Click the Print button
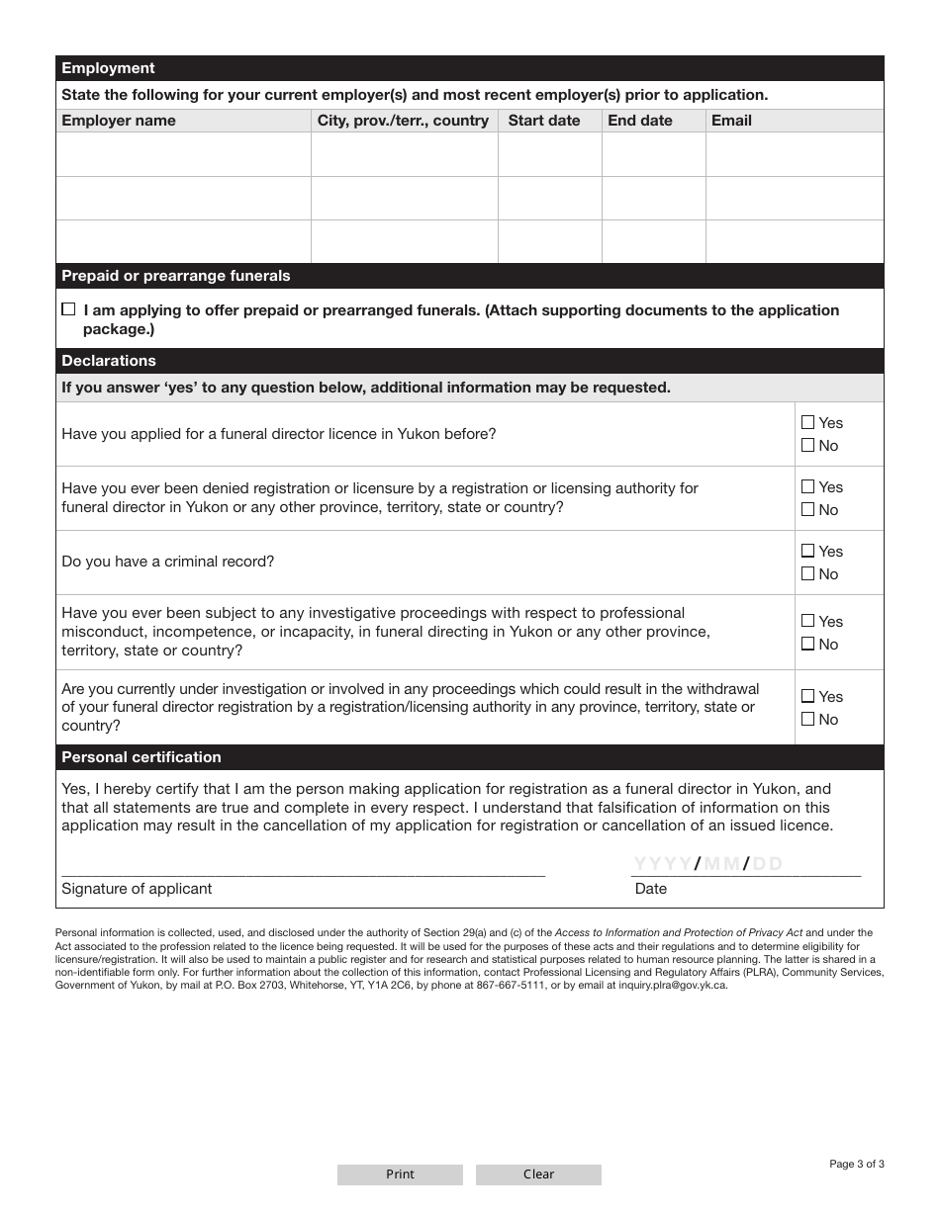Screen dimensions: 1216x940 point(400,1174)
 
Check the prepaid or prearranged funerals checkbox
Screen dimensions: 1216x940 point(68,309)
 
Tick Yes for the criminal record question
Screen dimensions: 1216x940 point(807,551)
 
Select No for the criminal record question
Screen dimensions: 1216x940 point(807,573)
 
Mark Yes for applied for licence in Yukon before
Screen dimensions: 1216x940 point(807,422)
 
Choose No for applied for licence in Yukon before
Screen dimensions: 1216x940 point(807,445)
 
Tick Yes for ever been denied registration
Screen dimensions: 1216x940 point(807,486)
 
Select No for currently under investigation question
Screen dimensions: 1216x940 point(807,719)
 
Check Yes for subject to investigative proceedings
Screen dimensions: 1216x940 point(807,621)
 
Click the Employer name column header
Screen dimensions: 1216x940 point(119,121)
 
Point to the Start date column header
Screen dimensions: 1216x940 point(544,121)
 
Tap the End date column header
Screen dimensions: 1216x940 point(640,121)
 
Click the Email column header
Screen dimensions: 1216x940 point(731,121)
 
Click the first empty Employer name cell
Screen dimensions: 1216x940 point(183,154)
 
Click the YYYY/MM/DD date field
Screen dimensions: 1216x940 point(708,864)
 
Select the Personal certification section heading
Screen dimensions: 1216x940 point(141,757)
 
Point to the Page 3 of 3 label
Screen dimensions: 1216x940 point(856,1164)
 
